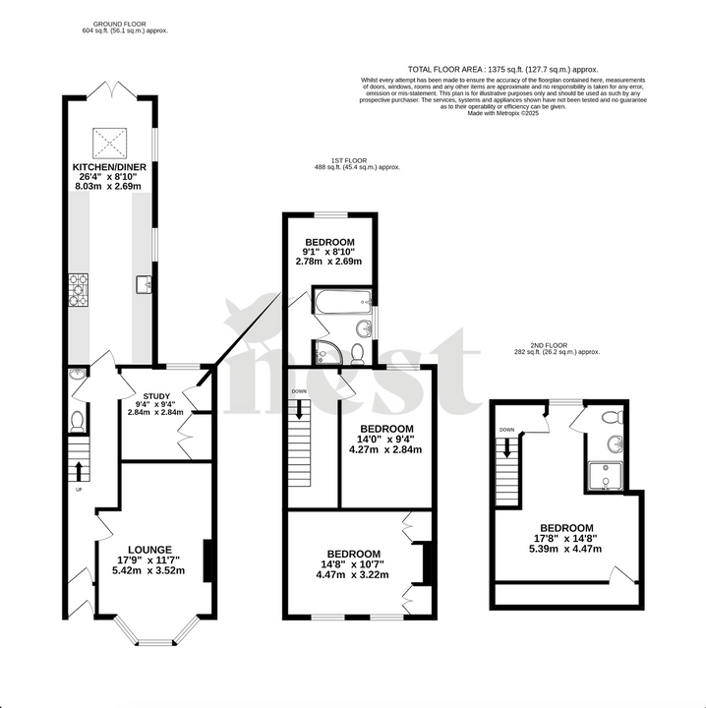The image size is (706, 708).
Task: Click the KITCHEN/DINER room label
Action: [109, 168]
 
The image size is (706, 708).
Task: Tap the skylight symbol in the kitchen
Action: [109, 143]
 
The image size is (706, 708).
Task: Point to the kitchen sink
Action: [145, 284]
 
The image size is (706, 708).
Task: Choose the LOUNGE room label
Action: [150, 549]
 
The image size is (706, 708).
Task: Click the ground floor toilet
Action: [78, 421]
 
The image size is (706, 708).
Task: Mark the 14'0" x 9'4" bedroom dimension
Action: [384, 440]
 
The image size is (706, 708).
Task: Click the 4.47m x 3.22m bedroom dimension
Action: [354, 575]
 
